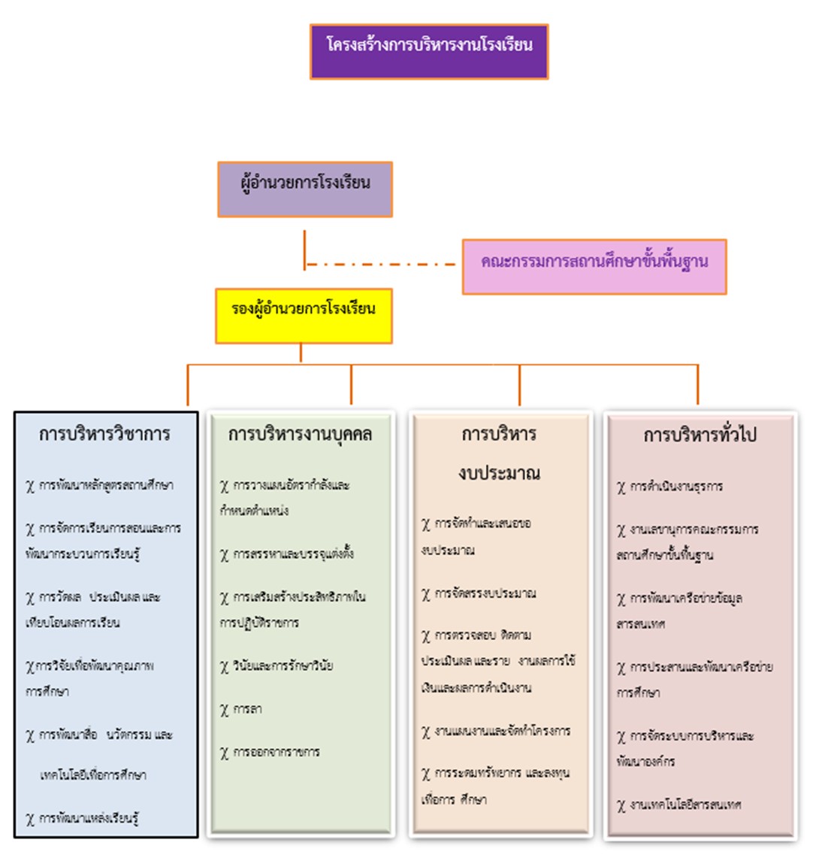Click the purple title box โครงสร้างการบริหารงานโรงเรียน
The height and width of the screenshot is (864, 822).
tap(429, 51)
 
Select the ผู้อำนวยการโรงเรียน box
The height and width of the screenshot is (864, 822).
tap(305, 189)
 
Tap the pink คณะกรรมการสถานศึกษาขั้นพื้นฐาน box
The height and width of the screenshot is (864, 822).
tap(594, 266)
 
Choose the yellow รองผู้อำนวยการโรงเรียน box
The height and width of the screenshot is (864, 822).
tap(304, 316)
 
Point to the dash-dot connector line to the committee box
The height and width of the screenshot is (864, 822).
tap(382, 265)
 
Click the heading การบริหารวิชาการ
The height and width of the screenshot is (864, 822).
tap(105, 435)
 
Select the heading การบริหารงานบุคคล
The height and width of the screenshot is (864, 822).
tap(300, 435)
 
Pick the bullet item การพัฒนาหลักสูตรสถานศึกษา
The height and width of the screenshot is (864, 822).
tap(106, 486)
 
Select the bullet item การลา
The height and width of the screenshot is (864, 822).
tap(247, 709)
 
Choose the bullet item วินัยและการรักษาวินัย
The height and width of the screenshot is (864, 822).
tap(283, 666)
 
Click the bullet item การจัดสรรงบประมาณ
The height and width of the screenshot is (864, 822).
tap(485, 593)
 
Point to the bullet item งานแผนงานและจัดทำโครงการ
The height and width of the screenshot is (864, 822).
tap(502, 731)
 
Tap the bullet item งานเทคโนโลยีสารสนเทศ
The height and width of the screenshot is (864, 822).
tap(685, 805)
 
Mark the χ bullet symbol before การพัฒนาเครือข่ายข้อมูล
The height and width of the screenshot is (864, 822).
tap(621, 599)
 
